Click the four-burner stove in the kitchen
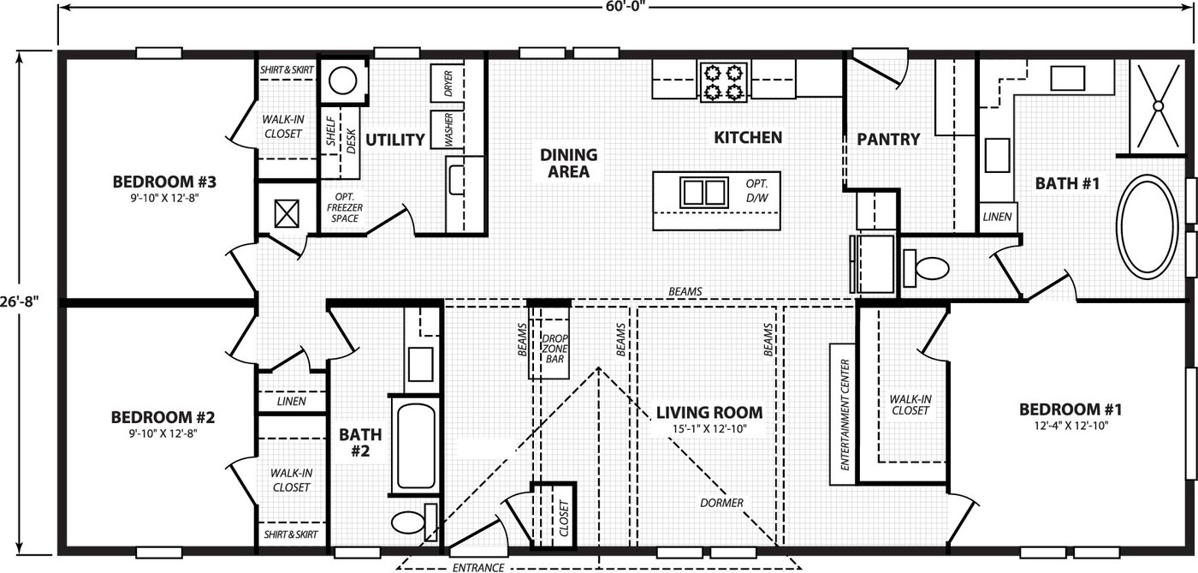pos(724,82)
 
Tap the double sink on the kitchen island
pos(703,192)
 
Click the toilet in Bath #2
pos(414,522)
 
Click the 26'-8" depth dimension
pos(20,301)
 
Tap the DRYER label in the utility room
pos(448,84)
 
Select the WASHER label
pos(448,130)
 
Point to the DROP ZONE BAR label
pos(555,349)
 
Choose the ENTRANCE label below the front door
pos(478,568)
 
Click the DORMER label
pos(721,503)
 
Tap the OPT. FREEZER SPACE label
pos(344,208)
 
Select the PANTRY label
pos(888,140)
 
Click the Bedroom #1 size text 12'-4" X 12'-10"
pos(1070,427)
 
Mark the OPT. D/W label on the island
pos(756,191)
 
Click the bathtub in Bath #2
pos(416,445)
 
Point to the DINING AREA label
pos(568,164)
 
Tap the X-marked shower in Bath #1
pos(1158,106)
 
